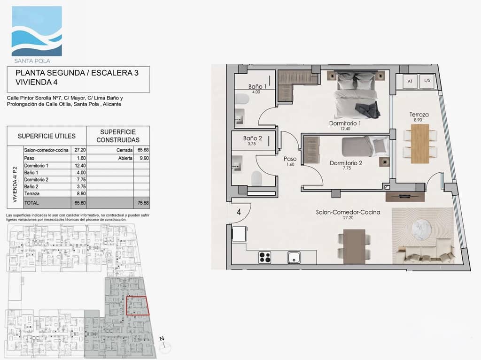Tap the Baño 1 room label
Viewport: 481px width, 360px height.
click(x=257, y=86)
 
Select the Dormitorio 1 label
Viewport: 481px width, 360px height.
click(x=345, y=123)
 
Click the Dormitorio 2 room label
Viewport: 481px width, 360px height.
click(x=346, y=163)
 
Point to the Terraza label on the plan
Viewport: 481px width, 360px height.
click(x=418, y=115)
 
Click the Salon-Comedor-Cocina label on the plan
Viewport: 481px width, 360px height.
click(x=348, y=212)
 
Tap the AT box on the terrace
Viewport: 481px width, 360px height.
click(x=410, y=81)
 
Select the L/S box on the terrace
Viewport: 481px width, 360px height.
click(x=427, y=81)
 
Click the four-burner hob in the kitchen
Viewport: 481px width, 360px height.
click(x=265, y=257)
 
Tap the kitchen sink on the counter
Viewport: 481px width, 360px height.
click(x=295, y=257)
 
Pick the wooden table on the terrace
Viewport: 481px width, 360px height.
click(x=420, y=143)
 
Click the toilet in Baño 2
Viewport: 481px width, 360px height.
click(x=256, y=178)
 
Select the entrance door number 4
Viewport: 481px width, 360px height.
click(x=239, y=212)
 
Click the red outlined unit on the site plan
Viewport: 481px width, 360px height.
click(x=138, y=306)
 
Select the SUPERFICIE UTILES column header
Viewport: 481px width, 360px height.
click(x=47, y=136)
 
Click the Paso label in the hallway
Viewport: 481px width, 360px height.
click(x=290, y=159)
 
